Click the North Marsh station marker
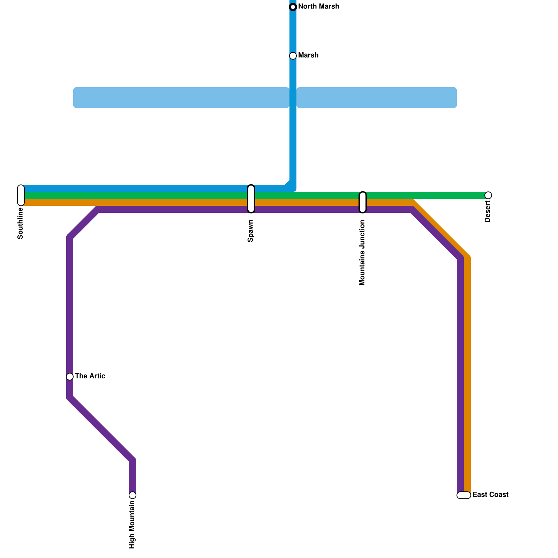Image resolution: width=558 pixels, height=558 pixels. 293,7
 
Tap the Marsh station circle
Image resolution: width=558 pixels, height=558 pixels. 293,56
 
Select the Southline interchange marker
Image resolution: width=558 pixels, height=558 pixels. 21,195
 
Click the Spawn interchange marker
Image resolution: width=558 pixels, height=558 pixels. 251,199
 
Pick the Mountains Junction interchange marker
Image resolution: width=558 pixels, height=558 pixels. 363,202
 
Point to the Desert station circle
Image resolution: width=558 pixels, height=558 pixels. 488,195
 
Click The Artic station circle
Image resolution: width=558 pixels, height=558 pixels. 70,377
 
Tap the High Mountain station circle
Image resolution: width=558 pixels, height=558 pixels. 133,495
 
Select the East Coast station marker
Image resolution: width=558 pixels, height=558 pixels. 464,495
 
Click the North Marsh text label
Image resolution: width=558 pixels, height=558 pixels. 318,7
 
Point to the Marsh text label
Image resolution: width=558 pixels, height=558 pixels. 308,55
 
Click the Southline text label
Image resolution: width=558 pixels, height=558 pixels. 20,224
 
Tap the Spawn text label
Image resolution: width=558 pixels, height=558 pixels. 250,231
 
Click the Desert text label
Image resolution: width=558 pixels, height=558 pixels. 488,211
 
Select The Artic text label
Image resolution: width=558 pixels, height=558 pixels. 90,376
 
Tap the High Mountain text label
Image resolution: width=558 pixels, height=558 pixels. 132,525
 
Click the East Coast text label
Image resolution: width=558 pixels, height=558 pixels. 490,495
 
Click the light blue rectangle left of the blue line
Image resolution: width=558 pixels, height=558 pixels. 181,98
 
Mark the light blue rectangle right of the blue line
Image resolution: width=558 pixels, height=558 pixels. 377,98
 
